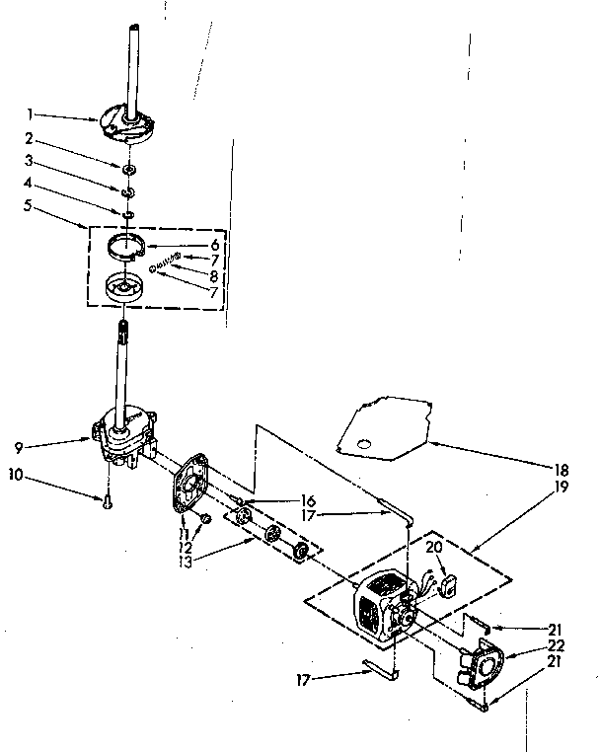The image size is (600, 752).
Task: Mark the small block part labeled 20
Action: (x=448, y=583)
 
